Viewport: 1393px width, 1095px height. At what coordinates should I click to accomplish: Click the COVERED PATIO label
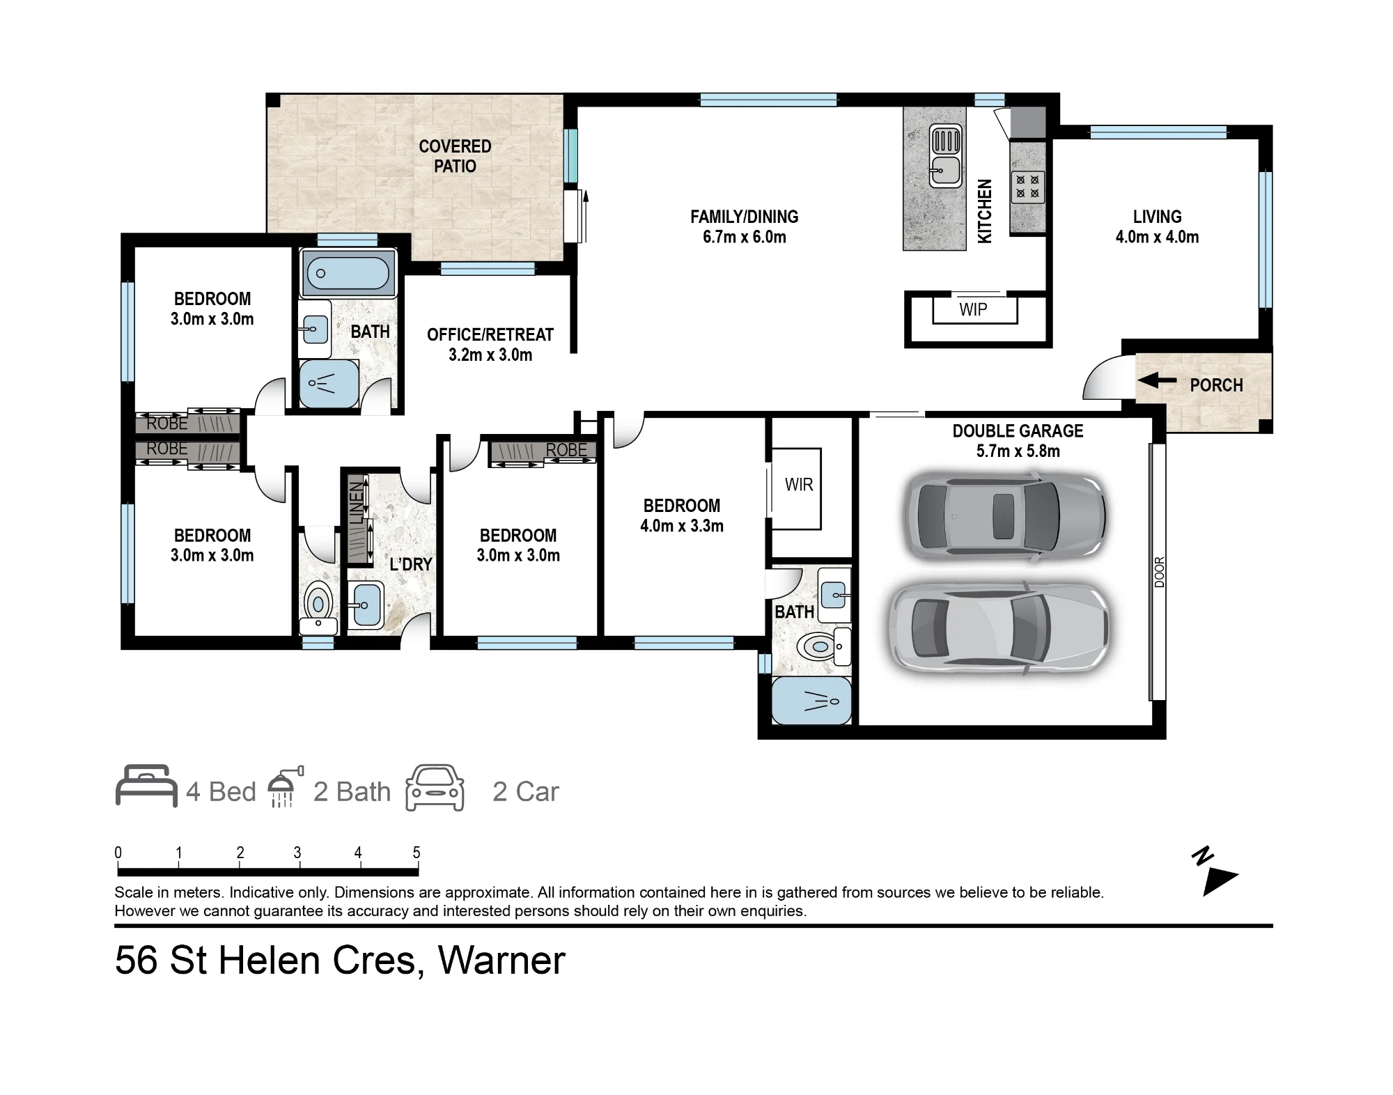[455, 156]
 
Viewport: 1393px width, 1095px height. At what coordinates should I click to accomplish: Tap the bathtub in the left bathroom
[347, 272]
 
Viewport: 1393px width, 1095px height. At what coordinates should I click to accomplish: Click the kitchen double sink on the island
[946, 156]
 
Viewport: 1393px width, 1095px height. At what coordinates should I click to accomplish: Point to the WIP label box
[974, 309]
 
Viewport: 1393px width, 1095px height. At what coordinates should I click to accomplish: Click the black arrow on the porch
[1157, 380]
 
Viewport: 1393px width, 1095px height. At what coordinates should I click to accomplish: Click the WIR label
[799, 485]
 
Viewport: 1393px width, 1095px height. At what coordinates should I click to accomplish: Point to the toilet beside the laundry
[318, 606]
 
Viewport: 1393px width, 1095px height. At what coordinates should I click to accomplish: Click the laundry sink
[364, 605]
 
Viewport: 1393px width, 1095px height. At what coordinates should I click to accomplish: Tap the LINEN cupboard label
[356, 502]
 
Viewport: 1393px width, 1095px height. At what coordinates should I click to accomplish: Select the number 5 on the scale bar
[417, 853]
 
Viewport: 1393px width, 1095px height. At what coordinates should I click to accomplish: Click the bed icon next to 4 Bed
[146, 786]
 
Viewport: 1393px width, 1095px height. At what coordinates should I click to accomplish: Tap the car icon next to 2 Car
[435, 788]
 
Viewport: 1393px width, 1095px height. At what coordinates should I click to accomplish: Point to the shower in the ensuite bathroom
[811, 701]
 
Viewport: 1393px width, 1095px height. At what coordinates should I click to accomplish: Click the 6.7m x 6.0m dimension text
[745, 237]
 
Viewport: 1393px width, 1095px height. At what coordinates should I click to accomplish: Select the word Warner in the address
[501, 961]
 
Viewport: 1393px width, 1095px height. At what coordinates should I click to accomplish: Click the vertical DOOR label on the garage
[1159, 573]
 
